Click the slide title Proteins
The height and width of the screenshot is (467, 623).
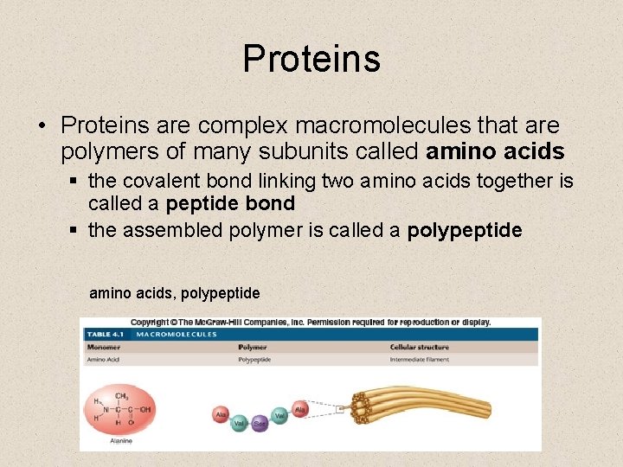[x=311, y=59]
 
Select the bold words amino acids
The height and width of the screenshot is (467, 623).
[x=495, y=152]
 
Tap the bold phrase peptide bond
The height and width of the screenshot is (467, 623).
[x=230, y=204]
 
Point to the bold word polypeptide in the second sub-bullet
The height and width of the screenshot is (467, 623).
[x=464, y=230]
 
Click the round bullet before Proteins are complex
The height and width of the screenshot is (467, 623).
[x=42, y=127]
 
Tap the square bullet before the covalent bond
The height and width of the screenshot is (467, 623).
[x=76, y=182]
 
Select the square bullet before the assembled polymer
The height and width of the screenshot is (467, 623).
[x=76, y=231]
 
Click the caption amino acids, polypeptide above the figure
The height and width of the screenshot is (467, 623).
[x=174, y=294]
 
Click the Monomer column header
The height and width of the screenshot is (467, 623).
[x=104, y=347]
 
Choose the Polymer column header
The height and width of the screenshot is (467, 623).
[x=253, y=347]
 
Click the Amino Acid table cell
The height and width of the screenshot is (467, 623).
[x=104, y=359]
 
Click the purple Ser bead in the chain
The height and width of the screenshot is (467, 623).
[x=259, y=425]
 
